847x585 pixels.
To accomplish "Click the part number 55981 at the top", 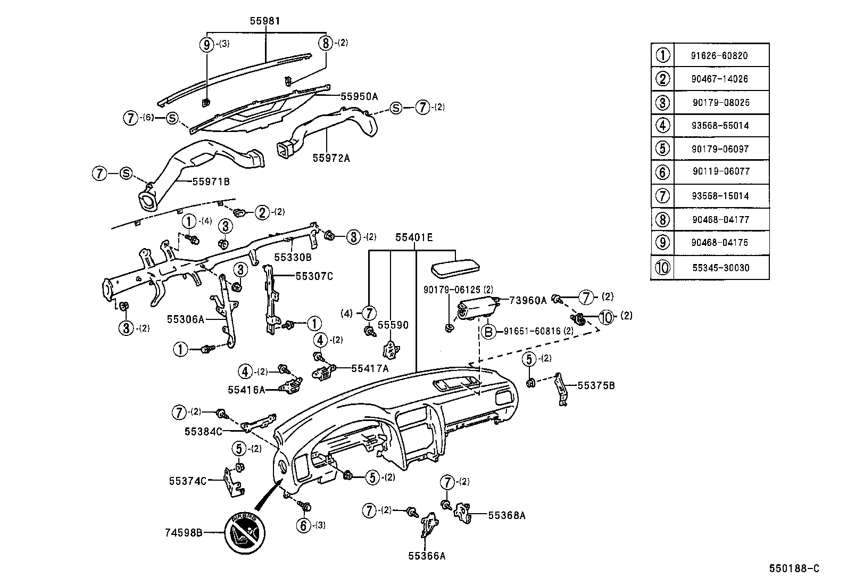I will click(x=264, y=21).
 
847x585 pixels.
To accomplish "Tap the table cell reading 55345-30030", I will click(x=720, y=268).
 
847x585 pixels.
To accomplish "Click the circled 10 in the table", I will click(x=662, y=268).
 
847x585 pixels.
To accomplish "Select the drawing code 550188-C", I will click(x=794, y=568).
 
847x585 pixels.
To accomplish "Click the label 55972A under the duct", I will click(x=331, y=158).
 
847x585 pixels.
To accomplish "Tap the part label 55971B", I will click(x=211, y=182).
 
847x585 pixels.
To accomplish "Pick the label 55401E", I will click(x=413, y=237).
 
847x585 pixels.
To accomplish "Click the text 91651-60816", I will click(x=530, y=331).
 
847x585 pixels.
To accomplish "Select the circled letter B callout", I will click(x=488, y=332).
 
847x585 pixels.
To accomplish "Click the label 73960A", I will click(x=528, y=300).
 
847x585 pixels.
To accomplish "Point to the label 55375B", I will click(x=596, y=385).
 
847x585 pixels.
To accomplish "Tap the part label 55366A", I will click(x=426, y=556).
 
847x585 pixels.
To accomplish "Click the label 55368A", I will click(x=506, y=515).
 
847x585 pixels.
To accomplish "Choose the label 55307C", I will click(x=314, y=276).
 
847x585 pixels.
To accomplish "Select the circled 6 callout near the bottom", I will click(x=303, y=525).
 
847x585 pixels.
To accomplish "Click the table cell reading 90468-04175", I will click(x=720, y=243).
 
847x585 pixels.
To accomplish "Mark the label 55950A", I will click(x=359, y=96).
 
